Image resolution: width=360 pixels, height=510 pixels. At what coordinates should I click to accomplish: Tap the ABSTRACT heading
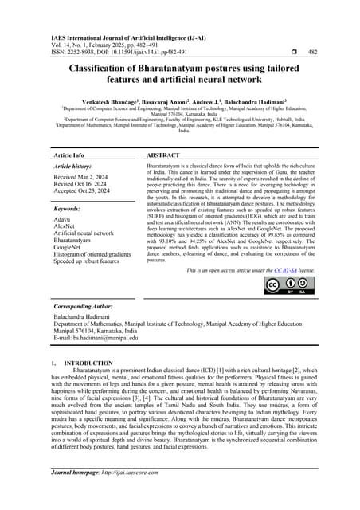pyautogui.click(x=167, y=155)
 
